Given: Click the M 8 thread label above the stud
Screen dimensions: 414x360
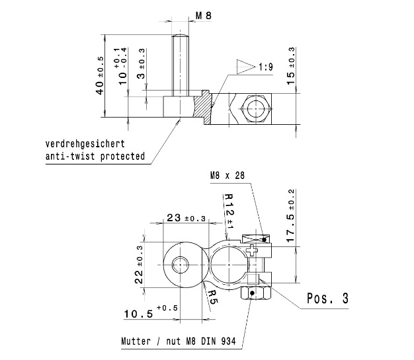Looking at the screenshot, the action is point(204,16).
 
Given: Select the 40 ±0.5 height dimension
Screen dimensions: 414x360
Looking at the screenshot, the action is point(100,75).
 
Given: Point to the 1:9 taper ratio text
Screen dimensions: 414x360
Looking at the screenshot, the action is point(266,67).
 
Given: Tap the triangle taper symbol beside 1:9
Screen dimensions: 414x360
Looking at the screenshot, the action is point(246,67).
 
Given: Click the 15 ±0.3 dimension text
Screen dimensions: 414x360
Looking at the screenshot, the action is point(290,66).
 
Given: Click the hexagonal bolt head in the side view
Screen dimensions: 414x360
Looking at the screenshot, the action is point(256,108).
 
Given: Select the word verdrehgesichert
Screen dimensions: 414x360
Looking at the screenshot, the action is point(85,144).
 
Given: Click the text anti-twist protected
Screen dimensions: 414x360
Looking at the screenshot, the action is point(95,156).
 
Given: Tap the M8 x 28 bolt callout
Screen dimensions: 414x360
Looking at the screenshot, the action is point(228,176).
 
